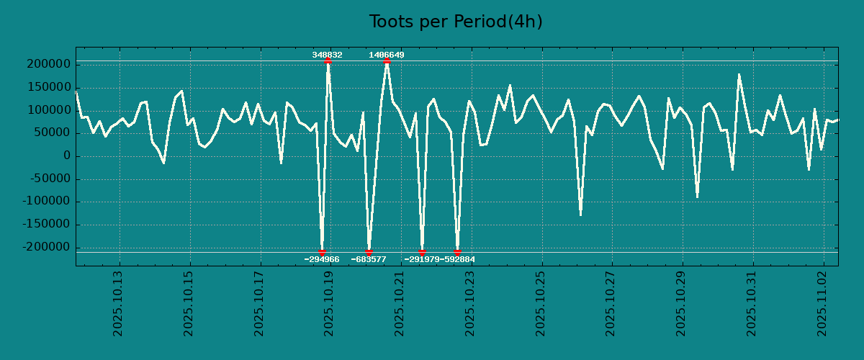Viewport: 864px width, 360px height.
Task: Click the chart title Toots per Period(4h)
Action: pos(456,22)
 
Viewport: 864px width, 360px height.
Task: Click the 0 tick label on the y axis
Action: pos(67,156)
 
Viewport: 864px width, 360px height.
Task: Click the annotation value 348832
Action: pos(327,55)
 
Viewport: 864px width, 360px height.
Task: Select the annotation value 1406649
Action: pos(387,55)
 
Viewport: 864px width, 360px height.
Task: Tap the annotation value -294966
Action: pos(322,259)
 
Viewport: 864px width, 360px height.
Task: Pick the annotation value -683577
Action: pos(369,259)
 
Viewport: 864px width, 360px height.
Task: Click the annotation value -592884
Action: pos(458,259)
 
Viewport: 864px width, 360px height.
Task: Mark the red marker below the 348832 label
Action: pos(328,61)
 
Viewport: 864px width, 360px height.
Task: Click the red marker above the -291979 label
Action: pos(422,252)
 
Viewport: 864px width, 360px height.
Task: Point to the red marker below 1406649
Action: pos(387,61)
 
